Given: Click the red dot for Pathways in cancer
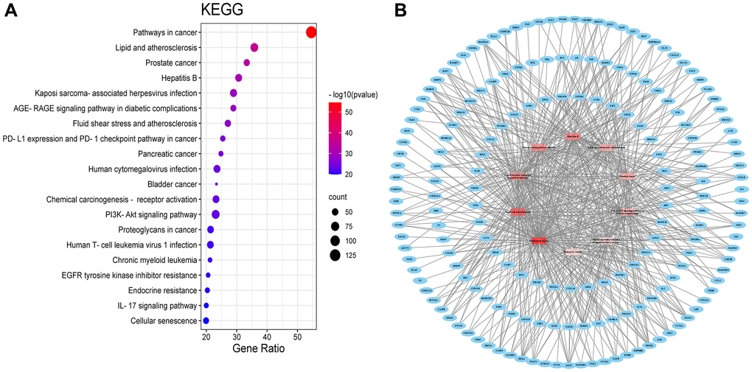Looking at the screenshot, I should tap(311, 32).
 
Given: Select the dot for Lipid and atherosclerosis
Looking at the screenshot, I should tap(254, 48).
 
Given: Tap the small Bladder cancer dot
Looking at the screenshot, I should tap(216, 184).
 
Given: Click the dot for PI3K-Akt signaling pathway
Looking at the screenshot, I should tap(216, 214).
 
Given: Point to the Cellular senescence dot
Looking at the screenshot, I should tap(206, 320).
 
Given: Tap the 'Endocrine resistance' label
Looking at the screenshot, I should tap(162, 290).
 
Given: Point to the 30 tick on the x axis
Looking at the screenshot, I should tap(237, 337).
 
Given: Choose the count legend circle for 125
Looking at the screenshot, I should tap(335, 256).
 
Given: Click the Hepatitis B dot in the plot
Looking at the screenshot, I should tap(239, 78).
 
